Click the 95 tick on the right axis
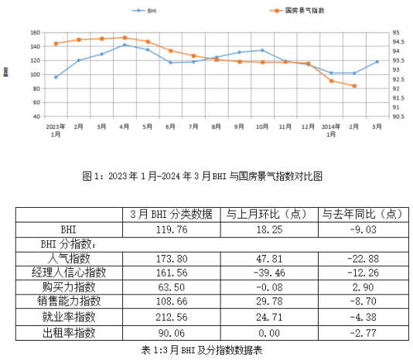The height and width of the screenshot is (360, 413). [395, 33]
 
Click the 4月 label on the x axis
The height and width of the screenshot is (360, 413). [125, 125]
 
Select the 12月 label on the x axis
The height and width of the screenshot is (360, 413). [308, 125]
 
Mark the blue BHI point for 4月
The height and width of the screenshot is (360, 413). [125, 45]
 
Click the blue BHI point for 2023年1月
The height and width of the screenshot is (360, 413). [56, 77]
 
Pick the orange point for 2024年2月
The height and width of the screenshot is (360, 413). [354, 86]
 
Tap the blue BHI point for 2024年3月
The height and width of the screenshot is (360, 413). [377, 61]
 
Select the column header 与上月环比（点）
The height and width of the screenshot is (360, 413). [268, 214]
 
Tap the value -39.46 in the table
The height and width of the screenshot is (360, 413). [268, 272]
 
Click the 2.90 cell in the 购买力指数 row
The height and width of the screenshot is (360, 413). [362, 287]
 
